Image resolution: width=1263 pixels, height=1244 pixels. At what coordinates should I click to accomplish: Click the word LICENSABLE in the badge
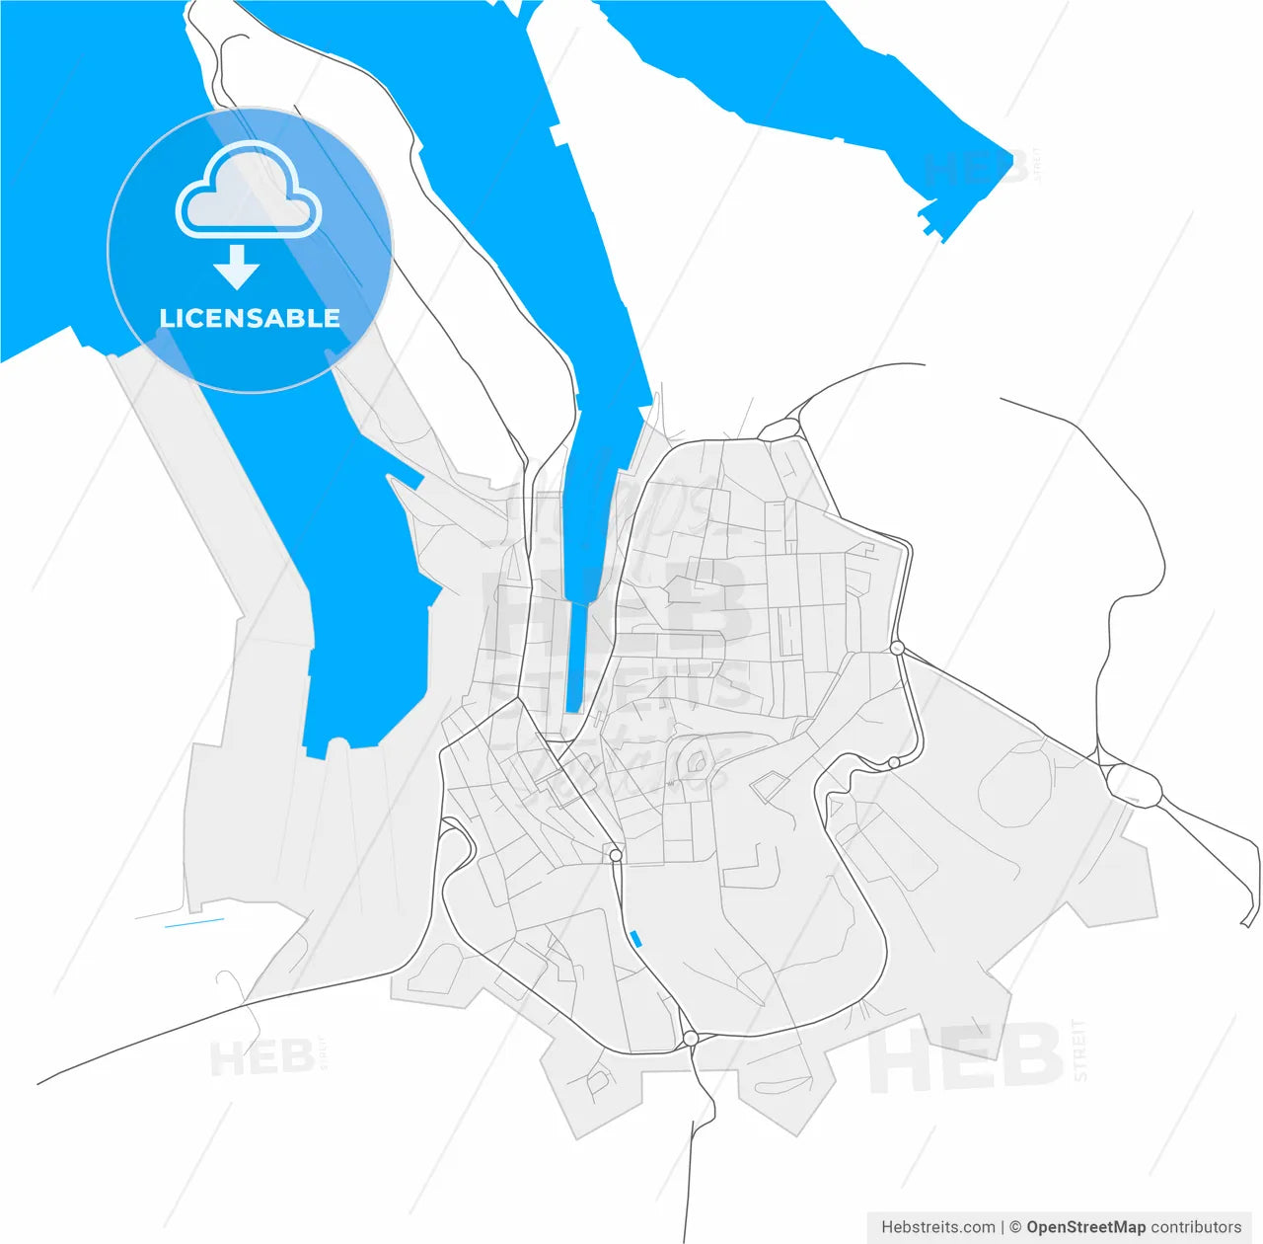[x=250, y=318]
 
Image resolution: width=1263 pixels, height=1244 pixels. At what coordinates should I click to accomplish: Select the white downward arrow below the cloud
[x=236, y=268]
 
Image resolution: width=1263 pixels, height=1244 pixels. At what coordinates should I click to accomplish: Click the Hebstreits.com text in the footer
[x=937, y=1227]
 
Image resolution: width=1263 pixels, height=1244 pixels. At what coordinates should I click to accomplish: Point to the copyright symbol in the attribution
[x=1015, y=1227]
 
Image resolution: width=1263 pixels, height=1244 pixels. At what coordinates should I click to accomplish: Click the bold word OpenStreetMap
[x=1086, y=1227]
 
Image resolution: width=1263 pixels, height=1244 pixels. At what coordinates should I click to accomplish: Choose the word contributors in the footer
[x=1196, y=1227]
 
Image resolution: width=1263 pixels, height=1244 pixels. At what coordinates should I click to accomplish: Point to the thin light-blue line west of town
[x=194, y=923]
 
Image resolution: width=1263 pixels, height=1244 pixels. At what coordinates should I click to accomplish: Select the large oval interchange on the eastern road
[x=1134, y=784]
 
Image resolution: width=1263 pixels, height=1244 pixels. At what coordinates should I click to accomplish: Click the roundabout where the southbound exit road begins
[x=691, y=1038]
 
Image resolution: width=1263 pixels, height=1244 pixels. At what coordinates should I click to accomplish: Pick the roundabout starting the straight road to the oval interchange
[x=897, y=648]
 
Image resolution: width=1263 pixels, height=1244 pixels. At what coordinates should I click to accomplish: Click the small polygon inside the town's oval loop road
[x=697, y=761]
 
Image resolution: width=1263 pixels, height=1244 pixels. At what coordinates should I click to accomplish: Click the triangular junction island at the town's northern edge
[x=780, y=429]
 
